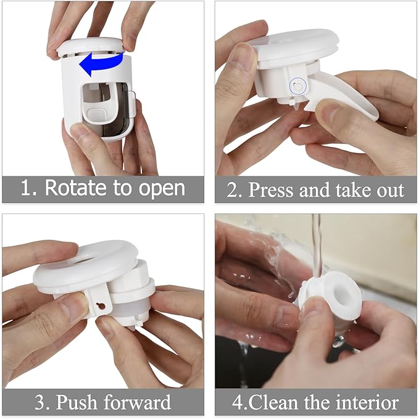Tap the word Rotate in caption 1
coord(77,188)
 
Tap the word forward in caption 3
coord(139,403)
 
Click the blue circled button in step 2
coord(297,87)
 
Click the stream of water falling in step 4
coord(317,244)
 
